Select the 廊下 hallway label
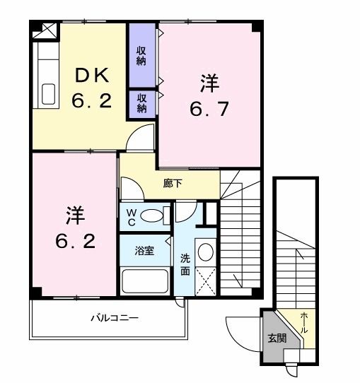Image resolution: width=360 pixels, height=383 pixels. click(x=172, y=182)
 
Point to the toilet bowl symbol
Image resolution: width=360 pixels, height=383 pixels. click(x=151, y=216)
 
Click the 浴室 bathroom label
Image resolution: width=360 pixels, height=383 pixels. click(x=145, y=251)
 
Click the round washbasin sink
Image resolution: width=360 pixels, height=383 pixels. click(x=204, y=252)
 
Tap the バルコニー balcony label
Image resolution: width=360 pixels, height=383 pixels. click(x=114, y=318)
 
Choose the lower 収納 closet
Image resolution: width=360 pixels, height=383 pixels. click(x=141, y=102)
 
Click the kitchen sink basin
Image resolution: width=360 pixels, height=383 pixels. click(x=49, y=93)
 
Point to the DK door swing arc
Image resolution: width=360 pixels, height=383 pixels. click(x=141, y=135)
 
